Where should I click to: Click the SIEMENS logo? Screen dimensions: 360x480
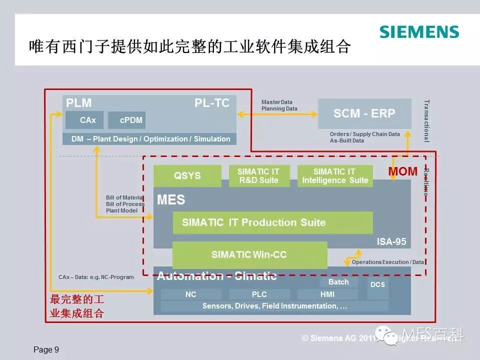coord(419,32)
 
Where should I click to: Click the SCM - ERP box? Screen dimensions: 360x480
coord(364,113)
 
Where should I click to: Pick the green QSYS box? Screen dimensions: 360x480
coord(187,175)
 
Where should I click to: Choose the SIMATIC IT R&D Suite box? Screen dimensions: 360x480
coord(259,175)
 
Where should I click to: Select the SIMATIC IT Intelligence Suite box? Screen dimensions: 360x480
coord(335,175)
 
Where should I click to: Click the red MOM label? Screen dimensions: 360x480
coord(403,171)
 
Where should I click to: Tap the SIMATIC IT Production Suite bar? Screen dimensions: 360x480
coord(272,222)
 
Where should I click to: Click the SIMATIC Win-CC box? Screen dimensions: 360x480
coord(249,254)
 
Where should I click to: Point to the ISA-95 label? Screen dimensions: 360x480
coord(391,242)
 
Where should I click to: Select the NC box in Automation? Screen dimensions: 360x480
coord(190,294)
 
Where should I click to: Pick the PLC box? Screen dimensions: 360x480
coord(259,294)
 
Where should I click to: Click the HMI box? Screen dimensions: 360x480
coord(327,294)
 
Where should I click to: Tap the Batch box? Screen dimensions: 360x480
coord(338,282)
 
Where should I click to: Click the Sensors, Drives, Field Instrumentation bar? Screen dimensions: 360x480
coord(274,306)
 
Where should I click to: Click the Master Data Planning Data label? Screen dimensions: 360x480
coord(279,105)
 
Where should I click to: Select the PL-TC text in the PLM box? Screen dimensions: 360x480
coord(212,103)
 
